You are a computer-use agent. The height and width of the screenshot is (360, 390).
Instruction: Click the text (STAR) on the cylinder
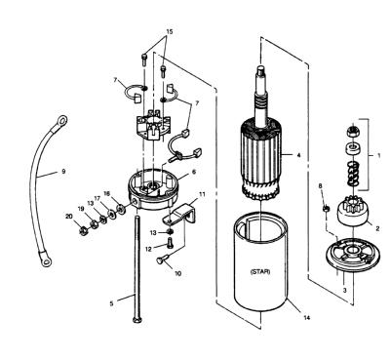260,272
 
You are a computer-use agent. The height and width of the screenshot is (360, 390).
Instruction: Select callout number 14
306,317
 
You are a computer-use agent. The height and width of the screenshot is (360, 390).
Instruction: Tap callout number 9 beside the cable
63,171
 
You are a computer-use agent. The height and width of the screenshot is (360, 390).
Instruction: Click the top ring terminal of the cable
61,121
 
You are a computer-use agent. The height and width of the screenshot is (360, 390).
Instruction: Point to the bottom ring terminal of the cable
46,260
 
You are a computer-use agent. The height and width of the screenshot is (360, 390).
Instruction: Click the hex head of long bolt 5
136,320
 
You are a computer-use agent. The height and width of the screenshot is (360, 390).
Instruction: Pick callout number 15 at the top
170,32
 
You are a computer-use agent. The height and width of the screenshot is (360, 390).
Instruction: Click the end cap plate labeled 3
352,255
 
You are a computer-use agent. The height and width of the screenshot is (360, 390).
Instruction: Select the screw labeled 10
163,260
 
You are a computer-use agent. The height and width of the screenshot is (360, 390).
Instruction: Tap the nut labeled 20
84,230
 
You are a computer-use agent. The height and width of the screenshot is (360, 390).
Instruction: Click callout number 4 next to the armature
299,155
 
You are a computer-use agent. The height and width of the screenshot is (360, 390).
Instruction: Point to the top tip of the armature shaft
260,67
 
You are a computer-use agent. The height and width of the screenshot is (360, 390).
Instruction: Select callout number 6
194,172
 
